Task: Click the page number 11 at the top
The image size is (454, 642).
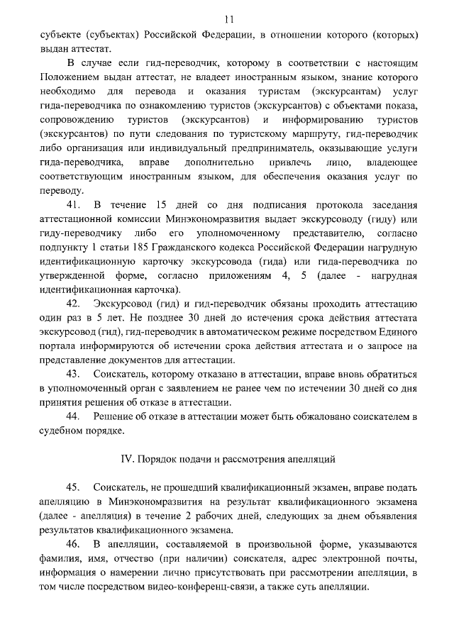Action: (x=227, y=19)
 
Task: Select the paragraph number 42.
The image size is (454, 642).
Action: (x=74, y=304)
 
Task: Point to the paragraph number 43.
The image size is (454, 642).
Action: (x=74, y=374)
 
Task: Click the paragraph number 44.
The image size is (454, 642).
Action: (x=74, y=416)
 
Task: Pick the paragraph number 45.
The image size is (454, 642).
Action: (x=74, y=487)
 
